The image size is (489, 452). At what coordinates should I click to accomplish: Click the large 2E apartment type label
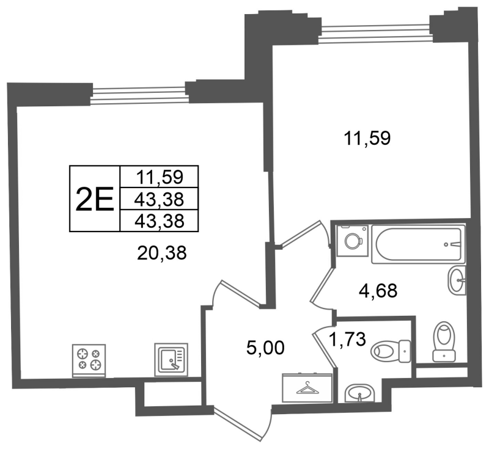[95, 199]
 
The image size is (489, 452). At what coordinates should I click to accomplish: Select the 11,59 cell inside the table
[159, 177]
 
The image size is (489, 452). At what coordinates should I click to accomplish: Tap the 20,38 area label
[161, 253]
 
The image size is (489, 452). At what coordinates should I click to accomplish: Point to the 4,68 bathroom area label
[378, 291]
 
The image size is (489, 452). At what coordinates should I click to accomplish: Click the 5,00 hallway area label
[265, 348]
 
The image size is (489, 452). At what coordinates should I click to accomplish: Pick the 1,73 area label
[347, 339]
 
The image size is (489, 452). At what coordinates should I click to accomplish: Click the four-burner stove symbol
[89, 360]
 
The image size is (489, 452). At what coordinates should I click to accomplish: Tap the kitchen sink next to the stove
[171, 360]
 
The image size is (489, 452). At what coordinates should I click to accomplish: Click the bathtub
[418, 244]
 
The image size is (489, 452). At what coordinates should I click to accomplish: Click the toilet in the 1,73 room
[391, 351]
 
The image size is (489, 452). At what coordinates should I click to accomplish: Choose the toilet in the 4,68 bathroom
[444, 342]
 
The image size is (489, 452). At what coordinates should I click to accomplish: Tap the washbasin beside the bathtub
[457, 280]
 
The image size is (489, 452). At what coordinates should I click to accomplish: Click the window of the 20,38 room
[139, 95]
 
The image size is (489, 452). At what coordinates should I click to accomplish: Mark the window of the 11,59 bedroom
[375, 33]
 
